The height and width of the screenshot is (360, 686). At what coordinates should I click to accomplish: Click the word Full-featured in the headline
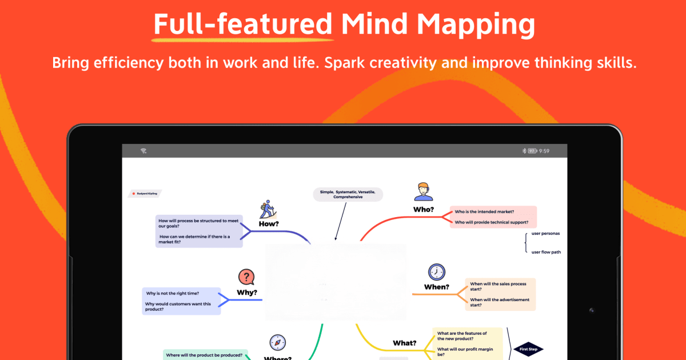[243, 25]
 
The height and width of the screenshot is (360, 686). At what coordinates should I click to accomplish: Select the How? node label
[269, 224]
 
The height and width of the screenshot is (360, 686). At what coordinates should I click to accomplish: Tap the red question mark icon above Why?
[246, 278]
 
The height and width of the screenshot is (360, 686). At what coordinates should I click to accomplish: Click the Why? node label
[247, 293]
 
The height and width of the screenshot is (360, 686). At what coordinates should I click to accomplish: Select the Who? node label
[424, 209]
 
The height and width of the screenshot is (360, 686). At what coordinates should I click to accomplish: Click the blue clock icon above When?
[437, 271]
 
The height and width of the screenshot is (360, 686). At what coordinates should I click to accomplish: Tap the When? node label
[437, 287]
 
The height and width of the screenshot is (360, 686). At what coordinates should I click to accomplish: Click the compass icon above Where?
[278, 342]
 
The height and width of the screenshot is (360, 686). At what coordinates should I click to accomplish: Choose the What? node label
[405, 343]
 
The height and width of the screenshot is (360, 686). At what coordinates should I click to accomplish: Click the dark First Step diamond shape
[528, 349]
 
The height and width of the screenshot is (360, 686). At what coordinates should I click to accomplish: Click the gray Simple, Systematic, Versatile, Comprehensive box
[348, 194]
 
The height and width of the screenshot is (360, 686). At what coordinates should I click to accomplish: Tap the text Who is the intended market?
[484, 211]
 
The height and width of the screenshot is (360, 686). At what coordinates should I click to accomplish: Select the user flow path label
[546, 252]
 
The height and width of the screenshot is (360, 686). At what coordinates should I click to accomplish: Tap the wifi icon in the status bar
[143, 151]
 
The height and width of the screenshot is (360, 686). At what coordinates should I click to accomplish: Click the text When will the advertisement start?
[500, 302]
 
